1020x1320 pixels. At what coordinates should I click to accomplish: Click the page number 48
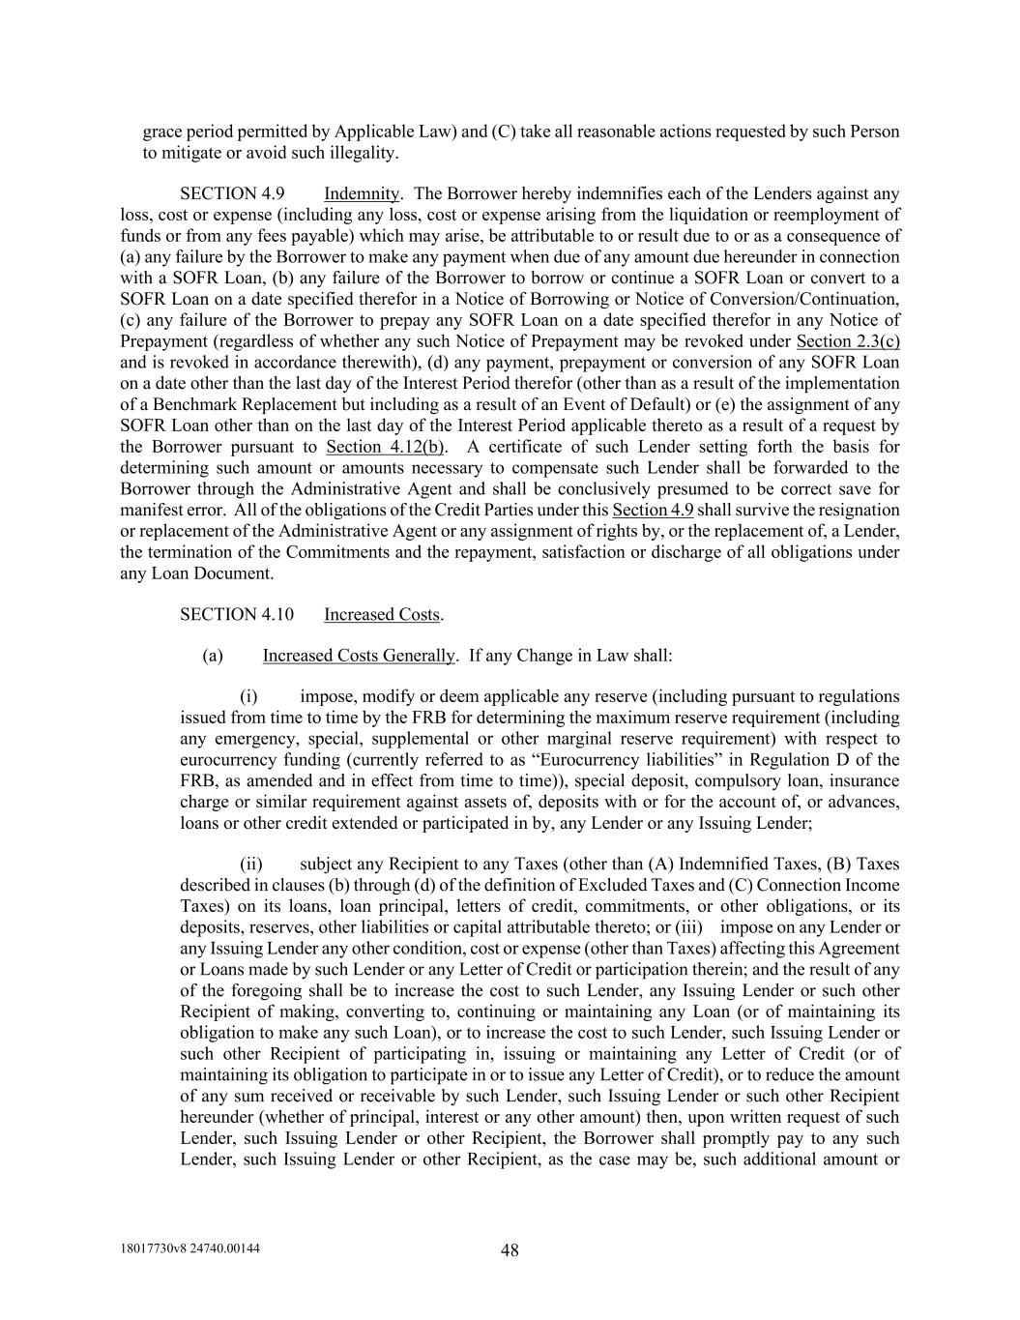tap(510, 1250)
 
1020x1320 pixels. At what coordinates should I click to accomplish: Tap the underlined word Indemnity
tap(361, 193)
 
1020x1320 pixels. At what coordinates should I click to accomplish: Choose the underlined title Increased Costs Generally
tap(358, 656)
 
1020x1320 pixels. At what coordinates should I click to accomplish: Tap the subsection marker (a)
tap(213, 656)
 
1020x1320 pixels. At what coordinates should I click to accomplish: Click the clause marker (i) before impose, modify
tap(248, 696)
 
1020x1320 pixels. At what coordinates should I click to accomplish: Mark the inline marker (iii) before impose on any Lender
tap(691, 927)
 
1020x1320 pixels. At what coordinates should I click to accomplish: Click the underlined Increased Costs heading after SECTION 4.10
tap(382, 614)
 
